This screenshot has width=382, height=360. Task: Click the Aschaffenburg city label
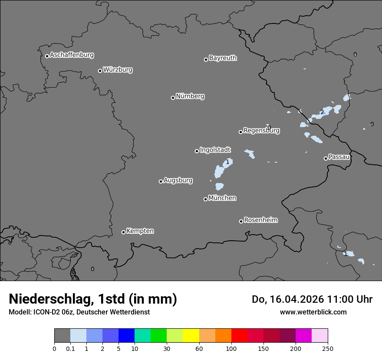point(72,55)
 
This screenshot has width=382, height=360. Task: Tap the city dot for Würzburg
point(100,71)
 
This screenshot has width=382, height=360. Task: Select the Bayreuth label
point(223,58)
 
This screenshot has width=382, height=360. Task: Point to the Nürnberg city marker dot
point(173,98)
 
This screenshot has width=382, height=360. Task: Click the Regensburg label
point(261,131)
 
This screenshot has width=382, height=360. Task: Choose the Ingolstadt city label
point(215,150)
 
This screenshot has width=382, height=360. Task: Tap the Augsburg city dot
point(161,181)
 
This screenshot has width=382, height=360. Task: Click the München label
point(222,198)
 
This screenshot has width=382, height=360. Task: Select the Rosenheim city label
point(260,220)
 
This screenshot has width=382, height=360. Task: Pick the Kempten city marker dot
point(123,232)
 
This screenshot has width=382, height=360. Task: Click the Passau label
point(339,157)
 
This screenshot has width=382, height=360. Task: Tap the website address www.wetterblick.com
point(313,312)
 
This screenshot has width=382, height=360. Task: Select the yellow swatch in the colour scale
point(191,336)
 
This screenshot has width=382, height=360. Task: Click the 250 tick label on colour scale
point(328,348)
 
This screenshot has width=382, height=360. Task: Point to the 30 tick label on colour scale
point(167,348)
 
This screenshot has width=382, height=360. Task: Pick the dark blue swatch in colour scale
point(126,336)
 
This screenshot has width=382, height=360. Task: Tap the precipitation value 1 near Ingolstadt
point(227,162)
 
